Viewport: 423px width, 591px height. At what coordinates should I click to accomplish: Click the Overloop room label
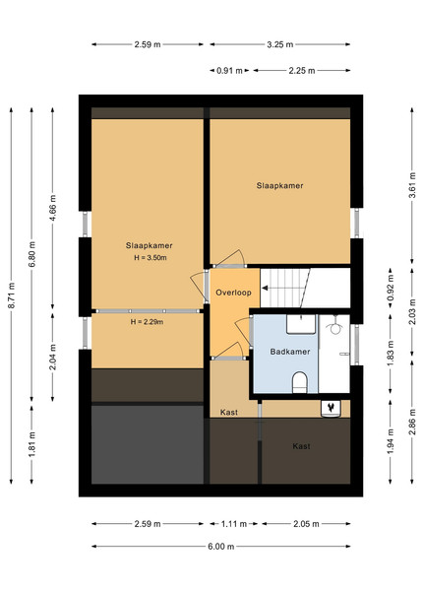(x=233, y=293)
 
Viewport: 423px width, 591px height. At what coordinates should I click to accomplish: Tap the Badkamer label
(x=290, y=352)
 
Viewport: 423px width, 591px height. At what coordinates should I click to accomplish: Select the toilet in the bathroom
(x=300, y=382)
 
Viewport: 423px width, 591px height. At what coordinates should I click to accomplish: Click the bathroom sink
(x=301, y=324)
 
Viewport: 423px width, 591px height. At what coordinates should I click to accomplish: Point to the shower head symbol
(x=334, y=328)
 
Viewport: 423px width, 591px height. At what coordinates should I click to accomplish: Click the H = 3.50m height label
(x=151, y=258)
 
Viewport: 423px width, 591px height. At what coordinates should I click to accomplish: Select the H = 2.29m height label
(x=148, y=322)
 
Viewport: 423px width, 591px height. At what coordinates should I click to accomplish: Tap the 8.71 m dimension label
(x=11, y=295)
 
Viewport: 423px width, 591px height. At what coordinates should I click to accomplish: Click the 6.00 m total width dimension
(x=221, y=546)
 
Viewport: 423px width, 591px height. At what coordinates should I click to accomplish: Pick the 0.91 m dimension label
(x=229, y=71)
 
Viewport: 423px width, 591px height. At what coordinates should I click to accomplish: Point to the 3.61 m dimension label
(x=412, y=185)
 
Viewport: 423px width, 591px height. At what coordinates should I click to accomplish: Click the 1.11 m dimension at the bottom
(x=234, y=524)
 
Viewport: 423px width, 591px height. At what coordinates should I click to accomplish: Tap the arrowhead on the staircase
(x=265, y=289)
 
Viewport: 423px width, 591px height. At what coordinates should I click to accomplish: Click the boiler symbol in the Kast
(x=331, y=409)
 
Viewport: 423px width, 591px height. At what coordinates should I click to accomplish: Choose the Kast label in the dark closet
(x=301, y=446)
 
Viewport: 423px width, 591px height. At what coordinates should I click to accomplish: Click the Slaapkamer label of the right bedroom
(x=280, y=185)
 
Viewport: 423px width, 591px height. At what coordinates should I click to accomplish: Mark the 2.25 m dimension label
(x=302, y=71)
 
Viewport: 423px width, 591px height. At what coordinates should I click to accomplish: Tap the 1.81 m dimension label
(x=32, y=444)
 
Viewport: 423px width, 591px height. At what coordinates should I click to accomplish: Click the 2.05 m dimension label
(x=306, y=524)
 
